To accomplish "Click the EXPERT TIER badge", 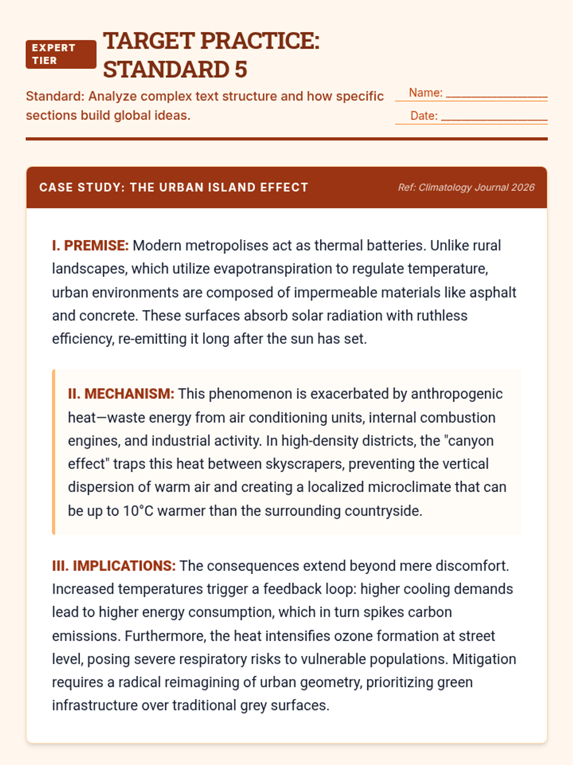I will (61, 55).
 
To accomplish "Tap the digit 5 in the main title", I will (241, 69).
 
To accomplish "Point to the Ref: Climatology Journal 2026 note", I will (466, 187).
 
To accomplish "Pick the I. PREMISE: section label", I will (90, 246).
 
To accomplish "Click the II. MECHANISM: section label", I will (121, 394).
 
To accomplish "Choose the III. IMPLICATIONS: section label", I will (114, 566).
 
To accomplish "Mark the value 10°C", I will (138, 511).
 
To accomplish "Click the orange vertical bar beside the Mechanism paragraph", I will (54, 452).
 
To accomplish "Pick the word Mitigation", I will (484, 659).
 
